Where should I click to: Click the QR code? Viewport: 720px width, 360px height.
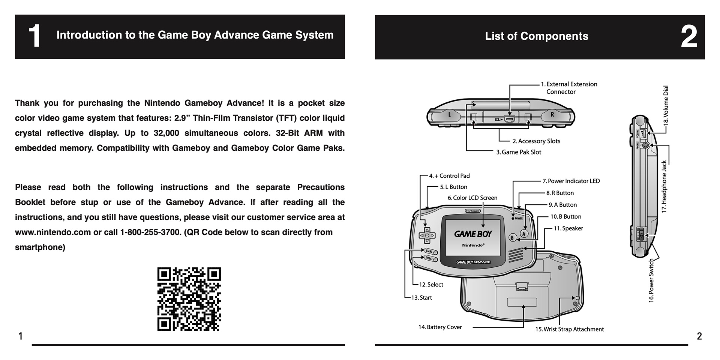[x=189, y=299]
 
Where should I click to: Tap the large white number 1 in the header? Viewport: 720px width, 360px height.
[x=34, y=36]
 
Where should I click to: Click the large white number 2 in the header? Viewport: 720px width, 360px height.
[x=689, y=37]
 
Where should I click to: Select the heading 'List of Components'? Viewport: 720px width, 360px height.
[x=536, y=36]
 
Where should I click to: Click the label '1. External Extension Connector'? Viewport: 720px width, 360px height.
[x=569, y=88]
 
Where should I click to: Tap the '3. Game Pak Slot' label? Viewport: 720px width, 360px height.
[x=519, y=152]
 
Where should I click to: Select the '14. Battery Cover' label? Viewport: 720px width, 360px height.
[x=440, y=327]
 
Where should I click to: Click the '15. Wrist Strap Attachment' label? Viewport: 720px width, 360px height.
[x=569, y=329]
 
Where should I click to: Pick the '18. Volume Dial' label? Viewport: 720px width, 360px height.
[x=666, y=105]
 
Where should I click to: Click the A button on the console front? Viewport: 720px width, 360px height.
[x=524, y=234]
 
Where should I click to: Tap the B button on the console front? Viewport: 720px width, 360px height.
[x=513, y=238]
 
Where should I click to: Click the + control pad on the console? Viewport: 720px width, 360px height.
[x=427, y=235]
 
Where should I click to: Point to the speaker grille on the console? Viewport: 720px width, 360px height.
[x=516, y=255]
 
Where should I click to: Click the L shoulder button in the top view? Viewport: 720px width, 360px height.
[x=450, y=115]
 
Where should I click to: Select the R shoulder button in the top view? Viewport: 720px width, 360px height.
[x=552, y=115]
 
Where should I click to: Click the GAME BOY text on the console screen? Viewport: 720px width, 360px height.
[x=473, y=234]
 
